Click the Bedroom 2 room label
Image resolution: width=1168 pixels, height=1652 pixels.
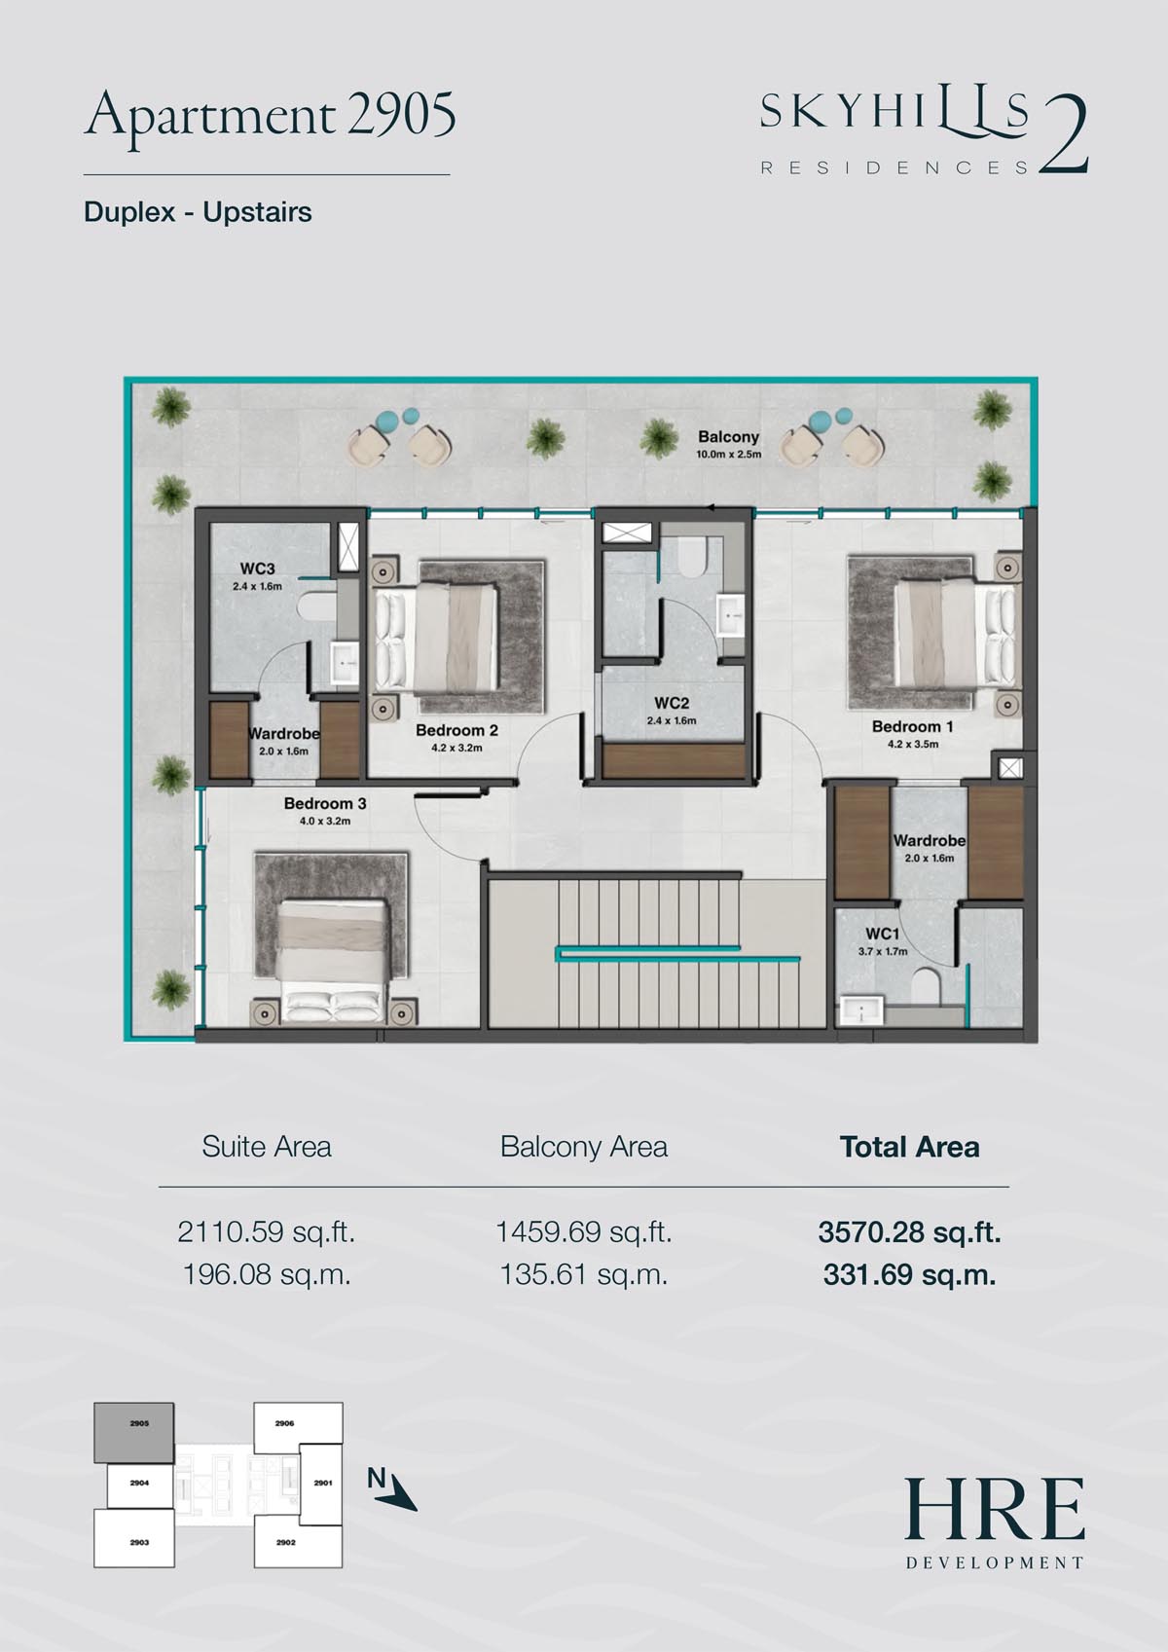(x=456, y=730)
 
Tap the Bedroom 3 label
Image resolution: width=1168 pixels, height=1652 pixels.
(x=324, y=803)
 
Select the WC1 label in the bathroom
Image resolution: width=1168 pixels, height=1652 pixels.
(x=882, y=934)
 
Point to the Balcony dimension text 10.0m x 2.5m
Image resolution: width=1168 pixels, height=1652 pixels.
(x=728, y=455)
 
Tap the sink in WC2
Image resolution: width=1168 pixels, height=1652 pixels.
(x=730, y=613)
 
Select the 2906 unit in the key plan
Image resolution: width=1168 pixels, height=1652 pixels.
(x=298, y=1422)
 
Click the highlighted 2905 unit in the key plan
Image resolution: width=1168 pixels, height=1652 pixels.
(x=134, y=1432)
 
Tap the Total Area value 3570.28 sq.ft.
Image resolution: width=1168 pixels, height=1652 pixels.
(x=909, y=1231)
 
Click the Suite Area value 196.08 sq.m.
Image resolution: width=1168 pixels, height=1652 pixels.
(x=266, y=1274)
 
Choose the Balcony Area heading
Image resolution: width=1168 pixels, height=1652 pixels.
(x=584, y=1147)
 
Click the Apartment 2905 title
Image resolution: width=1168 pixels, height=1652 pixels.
(x=270, y=117)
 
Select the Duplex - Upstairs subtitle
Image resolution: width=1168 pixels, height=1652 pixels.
(x=198, y=212)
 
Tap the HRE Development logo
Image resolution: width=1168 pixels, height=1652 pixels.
(x=995, y=1524)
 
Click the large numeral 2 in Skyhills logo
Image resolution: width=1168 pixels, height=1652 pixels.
(x=1064, y=135)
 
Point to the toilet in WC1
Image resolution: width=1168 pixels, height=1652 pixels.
(x=926, y=986)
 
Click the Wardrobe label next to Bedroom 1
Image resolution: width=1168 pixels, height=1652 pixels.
(x=930, y=841)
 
